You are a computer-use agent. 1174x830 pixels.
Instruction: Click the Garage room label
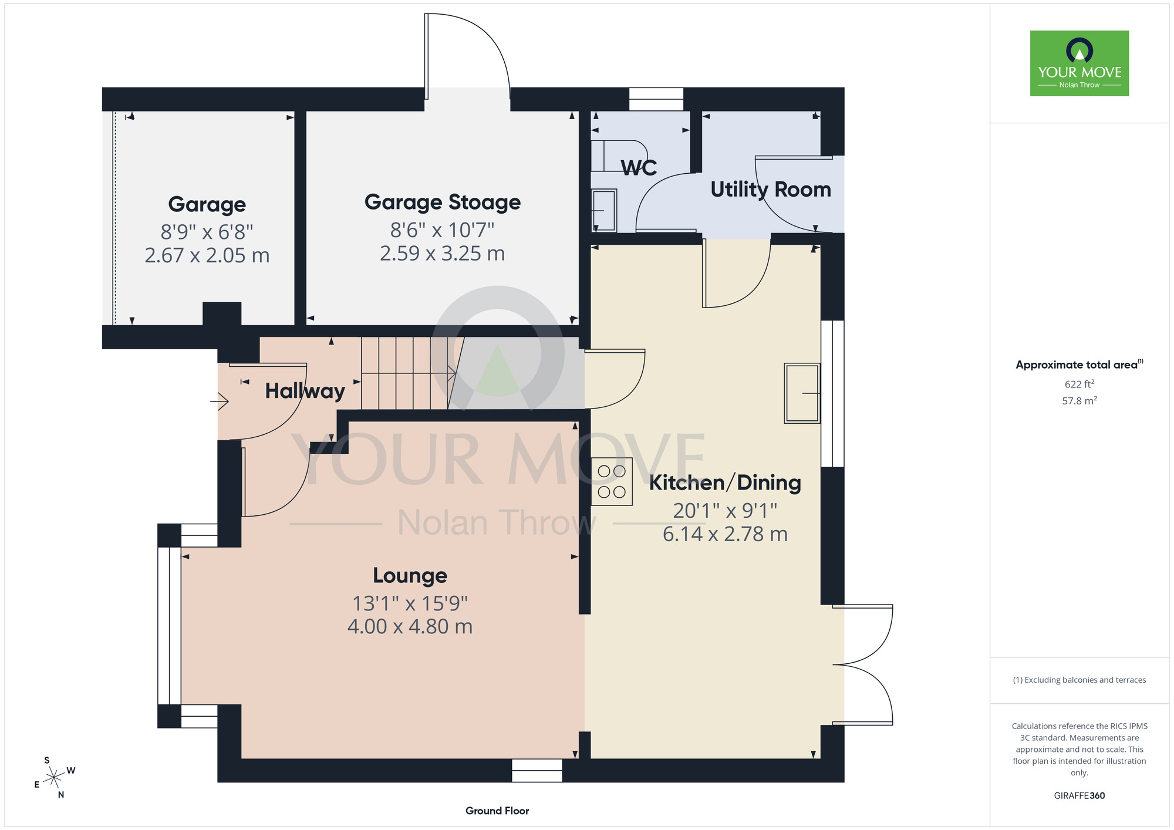coord(207,205)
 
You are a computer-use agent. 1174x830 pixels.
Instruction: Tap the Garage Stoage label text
coord(443,203)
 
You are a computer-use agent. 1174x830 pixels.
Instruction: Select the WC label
coord(639,168)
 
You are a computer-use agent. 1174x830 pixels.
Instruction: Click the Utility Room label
coord(771,190)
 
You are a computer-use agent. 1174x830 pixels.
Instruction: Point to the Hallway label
coord(305,391)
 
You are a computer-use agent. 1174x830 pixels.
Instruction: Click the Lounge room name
coord(410,576)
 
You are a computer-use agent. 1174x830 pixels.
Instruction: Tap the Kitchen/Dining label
coord(725,483)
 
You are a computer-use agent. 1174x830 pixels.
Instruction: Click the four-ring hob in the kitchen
coord(612,481)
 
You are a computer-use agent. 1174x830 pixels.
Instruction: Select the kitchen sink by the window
coord(802,393)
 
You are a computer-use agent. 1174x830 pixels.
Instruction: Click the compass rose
coord(54,778)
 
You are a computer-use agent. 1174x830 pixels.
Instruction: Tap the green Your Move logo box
coord(1079,63)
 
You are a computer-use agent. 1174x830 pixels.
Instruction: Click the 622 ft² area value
coord(1079,384)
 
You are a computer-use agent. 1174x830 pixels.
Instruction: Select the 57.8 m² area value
coord(1079,401)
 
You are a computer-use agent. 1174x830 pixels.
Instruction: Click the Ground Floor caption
coord(497,811)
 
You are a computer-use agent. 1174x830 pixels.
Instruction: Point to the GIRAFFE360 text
coord(1079,796)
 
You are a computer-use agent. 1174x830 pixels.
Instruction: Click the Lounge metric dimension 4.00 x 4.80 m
coord(410,626)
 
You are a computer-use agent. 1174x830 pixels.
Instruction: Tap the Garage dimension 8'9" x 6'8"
coord(207,232)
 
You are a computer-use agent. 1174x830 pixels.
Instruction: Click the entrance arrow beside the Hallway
coord(219,401)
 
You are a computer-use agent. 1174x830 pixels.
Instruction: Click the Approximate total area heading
coord(1079,365)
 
